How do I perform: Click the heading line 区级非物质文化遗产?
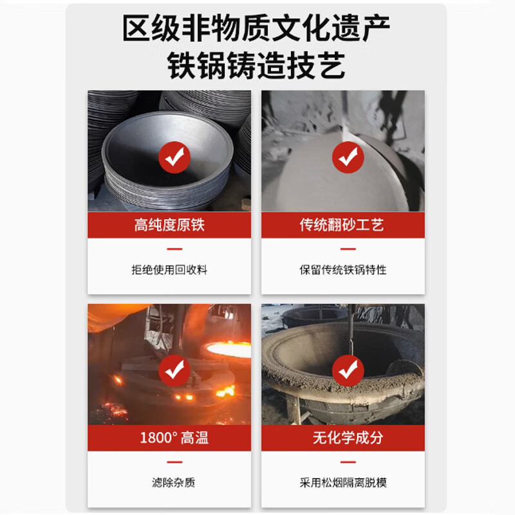tap(256, 28)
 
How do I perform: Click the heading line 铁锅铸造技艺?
tap(256, 66)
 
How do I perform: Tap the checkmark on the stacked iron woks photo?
tap(174, 157)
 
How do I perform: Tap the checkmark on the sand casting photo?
tap(348, 157)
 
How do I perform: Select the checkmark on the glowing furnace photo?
tap(174, 371)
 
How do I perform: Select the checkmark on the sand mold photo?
tap(348, 371)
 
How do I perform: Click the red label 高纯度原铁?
tap(169, 225)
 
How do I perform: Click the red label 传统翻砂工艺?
tap(342, 225)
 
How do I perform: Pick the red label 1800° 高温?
tap(174, 438)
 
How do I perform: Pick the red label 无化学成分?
tap(348, 438)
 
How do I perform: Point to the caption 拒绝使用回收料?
tap(169, 270)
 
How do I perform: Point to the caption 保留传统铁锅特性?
tap(343, 270)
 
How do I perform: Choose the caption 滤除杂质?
tap(173, 482)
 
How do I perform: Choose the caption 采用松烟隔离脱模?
tap(343, 482)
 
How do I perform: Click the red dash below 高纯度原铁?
tap(174, 249)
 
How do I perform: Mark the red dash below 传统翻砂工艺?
tap(348, 249)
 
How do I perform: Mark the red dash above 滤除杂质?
tap(174, 462)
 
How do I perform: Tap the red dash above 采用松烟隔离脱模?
tap(348, 462)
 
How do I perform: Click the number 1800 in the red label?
tap(156, 438)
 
